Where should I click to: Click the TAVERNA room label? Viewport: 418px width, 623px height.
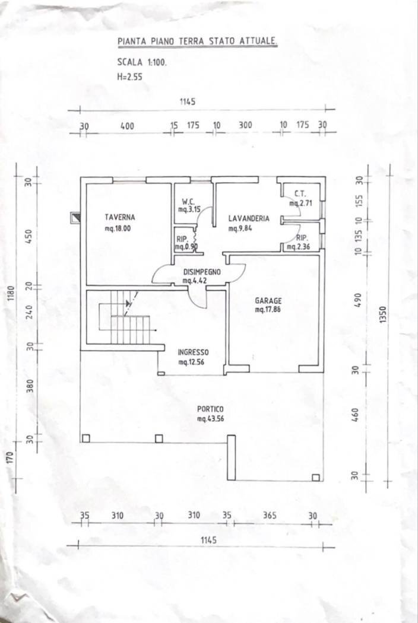[120, 217]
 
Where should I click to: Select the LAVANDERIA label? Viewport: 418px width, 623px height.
[249, 218]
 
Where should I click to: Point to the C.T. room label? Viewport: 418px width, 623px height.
[299, 193]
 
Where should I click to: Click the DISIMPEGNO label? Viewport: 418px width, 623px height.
[202, 272]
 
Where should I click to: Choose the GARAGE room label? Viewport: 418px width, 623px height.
[268, 301]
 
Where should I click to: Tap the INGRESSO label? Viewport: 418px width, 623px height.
[193, 352]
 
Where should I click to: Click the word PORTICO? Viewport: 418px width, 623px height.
[210, 409]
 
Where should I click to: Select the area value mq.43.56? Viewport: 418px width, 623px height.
[210, 419]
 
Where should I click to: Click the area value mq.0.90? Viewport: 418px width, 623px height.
[182, 247]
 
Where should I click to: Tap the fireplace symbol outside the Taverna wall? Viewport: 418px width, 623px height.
[75, 218]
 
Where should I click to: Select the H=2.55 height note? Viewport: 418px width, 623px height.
[130, 77]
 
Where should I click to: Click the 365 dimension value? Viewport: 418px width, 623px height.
[270, 516]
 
